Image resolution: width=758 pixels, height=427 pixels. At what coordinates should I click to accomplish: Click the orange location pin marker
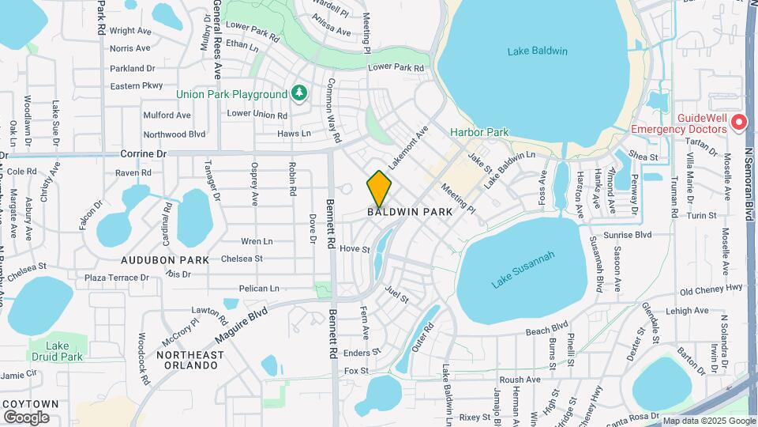(x=379, y=188)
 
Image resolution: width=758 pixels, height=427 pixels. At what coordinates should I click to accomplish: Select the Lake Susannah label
(x=523, y=270)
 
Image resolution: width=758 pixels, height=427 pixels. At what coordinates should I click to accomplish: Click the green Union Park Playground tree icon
(x=298, y=93)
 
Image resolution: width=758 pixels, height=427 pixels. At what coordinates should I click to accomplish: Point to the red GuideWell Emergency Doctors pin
(x=738, y=123)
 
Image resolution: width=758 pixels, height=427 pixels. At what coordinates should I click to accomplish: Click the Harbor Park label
(x=479, y=132)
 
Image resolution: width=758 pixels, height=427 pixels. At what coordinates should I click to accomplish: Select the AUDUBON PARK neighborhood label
(x=165, y=259)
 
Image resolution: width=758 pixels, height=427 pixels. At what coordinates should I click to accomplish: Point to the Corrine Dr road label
(x=144, y=153)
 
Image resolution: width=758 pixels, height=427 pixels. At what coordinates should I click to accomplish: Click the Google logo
(x=26, y=417)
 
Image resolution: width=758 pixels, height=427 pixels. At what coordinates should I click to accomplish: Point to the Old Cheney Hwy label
(x=711, y=289)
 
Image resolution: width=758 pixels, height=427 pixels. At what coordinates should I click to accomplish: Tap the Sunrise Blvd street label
(x=627, y=235)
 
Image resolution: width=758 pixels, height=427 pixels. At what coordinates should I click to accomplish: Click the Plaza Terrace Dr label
(x=117, y=278)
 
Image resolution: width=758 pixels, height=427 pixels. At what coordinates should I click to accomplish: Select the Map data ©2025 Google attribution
(x=708, y=421)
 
